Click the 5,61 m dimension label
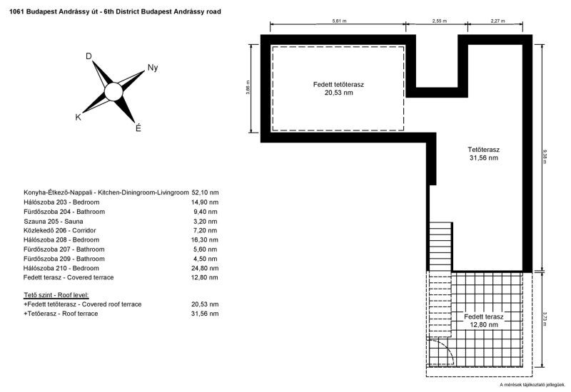pyautogui.click(x=339, y=21)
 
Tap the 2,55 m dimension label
pyautogui.click(x=439, y=21)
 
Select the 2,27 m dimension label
pyautogui.click(x=497, y=21)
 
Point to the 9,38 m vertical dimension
pyautogui.click(x=545, y=157)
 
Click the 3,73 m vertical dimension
pyautogui.click(x=545, y=319)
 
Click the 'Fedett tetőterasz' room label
pyautogui.click(x=338, y=84)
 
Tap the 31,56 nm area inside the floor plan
pyautogui.click(x=484, y=158)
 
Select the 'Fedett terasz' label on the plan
pyautogui.click(x=484, y=316)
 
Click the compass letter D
pyautogui.click(x=89, y=56)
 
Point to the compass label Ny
pyautogui.click(x=153, y=68)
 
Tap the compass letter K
pyautogui.click(x=79, y=117)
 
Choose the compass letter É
pyautogui.click(x=138, y=128)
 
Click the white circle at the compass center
pyautogui.click(x=113, y=92)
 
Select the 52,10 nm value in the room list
pyautogui.click(x=205, y=192)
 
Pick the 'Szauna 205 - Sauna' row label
pyautogui.click(x=54, y=222)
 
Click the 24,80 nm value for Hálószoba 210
pyautogui.click(x=205, y=269)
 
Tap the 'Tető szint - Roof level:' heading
pyautogui.click(x=56, y=295)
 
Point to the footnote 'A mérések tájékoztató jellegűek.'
pyautogui.click(x=532, y=385)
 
